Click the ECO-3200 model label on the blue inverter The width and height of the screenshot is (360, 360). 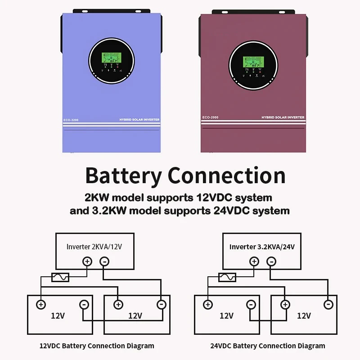(x=71, y=120)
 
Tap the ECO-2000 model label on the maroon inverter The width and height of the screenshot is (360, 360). (x=209, y=117)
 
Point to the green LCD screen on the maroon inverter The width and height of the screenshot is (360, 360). (x=252, y=62)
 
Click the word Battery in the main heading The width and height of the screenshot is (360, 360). (x=124, y=175)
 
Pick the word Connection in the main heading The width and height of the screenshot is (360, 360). (x=226, y=175)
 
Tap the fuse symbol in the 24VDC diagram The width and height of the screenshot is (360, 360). (x=227, y=277)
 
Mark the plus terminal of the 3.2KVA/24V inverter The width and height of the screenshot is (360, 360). (x=254, y=261)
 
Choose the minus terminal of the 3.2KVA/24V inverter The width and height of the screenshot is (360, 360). (x=271, y=261)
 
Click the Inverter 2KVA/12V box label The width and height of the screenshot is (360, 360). (x=94, y=247)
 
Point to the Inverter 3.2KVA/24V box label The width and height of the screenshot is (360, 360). (x=262, y=247)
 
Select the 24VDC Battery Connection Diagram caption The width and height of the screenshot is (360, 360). (x=267, y=346)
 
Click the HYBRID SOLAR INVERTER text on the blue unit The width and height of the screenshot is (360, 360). (x=139, y=120)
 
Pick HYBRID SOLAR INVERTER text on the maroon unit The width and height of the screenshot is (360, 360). (x=283, y=117)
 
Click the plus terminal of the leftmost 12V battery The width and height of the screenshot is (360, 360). (x=41, y=305)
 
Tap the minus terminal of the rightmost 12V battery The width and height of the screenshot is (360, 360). (x=328, y=305)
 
